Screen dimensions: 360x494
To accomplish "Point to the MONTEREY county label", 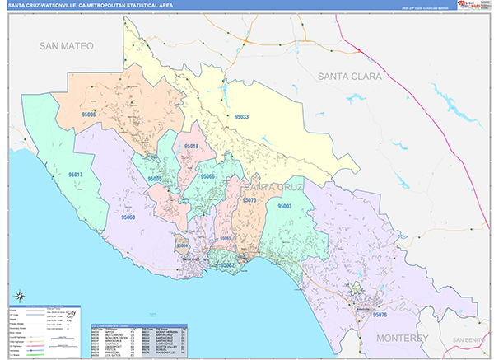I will (399, 338).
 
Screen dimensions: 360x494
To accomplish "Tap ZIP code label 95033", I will (241, 117).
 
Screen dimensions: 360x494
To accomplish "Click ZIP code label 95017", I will (75, 175).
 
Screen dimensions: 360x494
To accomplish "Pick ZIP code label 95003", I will (285, 206).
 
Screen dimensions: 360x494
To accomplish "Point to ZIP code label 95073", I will (249, 199).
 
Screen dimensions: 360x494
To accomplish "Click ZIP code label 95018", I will (192, 146).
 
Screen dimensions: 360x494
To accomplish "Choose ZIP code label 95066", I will (209, 177).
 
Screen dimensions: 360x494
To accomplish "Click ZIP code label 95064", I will (183, 245).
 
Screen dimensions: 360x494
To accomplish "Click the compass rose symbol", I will (19, 294).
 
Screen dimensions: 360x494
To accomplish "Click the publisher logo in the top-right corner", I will (469, 6).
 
